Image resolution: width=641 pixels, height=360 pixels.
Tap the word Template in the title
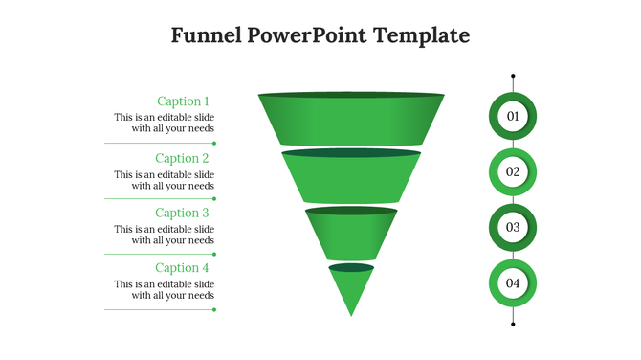pyautogui.click(x=422, y=36)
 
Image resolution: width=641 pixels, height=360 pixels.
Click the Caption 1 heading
pyautogui.click(x=182, y=101)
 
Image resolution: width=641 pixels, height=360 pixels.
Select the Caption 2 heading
pyautogui.click(x=182, y=158)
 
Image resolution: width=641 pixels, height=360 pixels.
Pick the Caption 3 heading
pyautogui.click(x=182, y=213)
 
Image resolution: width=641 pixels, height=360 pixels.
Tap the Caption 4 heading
pyautogui.click(x=182, y=268)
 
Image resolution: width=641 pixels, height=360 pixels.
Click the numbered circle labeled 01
pyautogui.click(x=513, y=116)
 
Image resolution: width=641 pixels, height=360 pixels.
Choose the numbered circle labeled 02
pyautogui.click(x=513, y=172)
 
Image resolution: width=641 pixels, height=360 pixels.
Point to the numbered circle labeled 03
pyautogui.click(x=513, y=228)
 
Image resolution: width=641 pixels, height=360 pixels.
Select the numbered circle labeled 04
pyautogui.click(x=513, y=283)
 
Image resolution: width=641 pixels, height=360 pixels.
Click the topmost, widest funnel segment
pyautogui.click(x=351, y=120)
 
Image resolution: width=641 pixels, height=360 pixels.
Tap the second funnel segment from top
pyautogui.click(x=351, y=177)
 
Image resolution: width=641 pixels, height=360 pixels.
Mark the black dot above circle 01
pyautogui.click(x=513, y=76)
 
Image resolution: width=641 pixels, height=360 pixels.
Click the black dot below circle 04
pyautogui.click(x=513, y=325)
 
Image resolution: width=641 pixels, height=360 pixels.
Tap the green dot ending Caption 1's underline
pyautogui.click(x=214, y=144)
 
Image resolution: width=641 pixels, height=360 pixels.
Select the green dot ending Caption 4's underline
pyautogui.click(x=214, y=309)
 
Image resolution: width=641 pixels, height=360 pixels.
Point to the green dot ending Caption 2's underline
pyautogui.click(x=214, y=199)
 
